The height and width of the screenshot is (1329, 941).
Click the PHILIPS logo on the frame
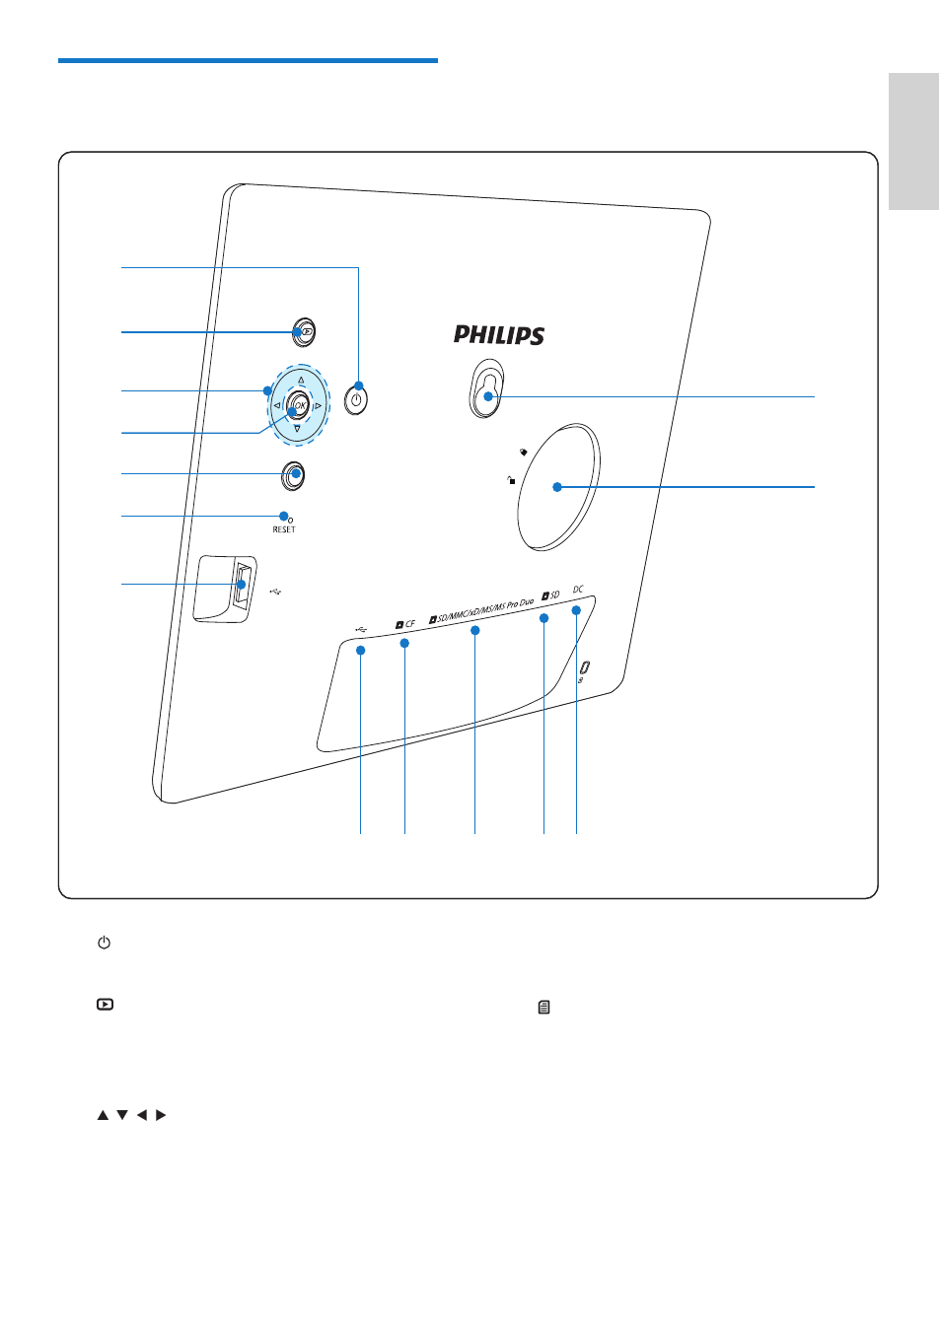click(x=499, y=335)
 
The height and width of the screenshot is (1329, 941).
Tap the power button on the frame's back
click(x=356, y=399)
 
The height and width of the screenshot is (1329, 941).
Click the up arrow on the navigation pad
click(x=301, y=380)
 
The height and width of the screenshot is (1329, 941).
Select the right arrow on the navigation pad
click(x=319, y=406)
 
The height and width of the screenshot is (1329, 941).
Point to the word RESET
click(x=284, y=529)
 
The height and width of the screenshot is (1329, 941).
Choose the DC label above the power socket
click(x=578, y=590)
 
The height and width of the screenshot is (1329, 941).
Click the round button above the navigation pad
click(x=304, y=331)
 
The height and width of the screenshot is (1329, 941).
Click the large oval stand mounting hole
click(x=558, y=487)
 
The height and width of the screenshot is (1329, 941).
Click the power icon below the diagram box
click(x=104, y=943)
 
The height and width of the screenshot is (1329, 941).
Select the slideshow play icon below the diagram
click(x=106, y=1005)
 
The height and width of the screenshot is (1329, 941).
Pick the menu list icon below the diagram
click(x=543, y=1007)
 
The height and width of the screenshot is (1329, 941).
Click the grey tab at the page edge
click(x=913, y=141)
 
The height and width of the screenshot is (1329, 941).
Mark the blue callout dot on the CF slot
click(x=404, y=643)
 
